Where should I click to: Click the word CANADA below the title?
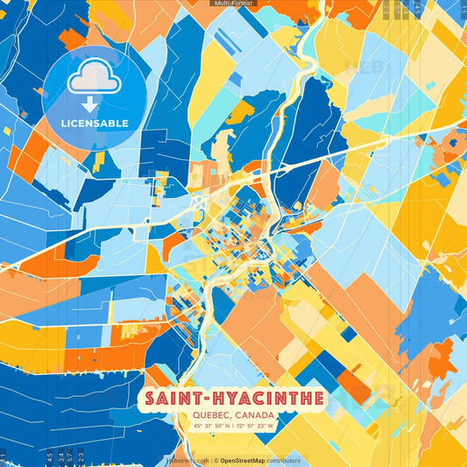point(255,415)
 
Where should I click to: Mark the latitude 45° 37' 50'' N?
point(207,427)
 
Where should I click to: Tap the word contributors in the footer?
point(284,460)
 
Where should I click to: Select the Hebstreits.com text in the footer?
point(187,460)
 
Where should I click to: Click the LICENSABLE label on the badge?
point(94,123)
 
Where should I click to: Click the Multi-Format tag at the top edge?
point(233,4)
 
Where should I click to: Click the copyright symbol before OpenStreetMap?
point(216,460)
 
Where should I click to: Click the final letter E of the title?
point(318,399)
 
